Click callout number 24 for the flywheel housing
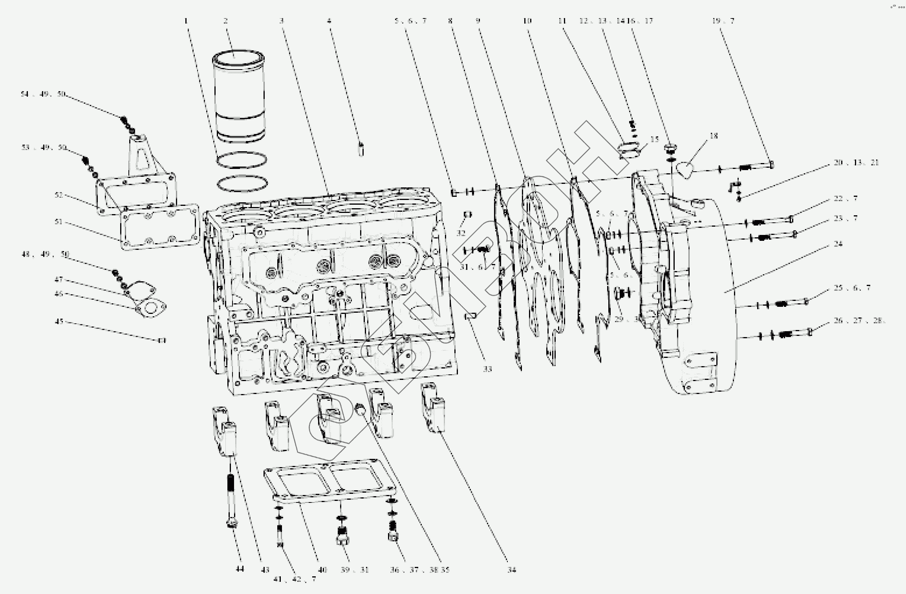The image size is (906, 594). pos(838,244)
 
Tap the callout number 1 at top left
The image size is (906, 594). pos(187,20)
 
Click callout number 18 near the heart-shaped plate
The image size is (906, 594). pos(714,136)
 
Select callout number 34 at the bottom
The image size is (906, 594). pos(511,570)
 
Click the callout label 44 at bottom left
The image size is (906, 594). pos(240,569)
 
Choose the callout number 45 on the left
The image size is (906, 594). pos(59,322)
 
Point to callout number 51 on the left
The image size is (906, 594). pos(59,222)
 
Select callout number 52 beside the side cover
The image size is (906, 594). pos(59,195)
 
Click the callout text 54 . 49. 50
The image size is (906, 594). pos(44,94)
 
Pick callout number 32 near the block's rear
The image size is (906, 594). pos(461,233)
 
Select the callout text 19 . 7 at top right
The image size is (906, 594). pos(723,21)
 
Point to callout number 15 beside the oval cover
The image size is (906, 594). pos(654,139)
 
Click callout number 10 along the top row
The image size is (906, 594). pos(527,20)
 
